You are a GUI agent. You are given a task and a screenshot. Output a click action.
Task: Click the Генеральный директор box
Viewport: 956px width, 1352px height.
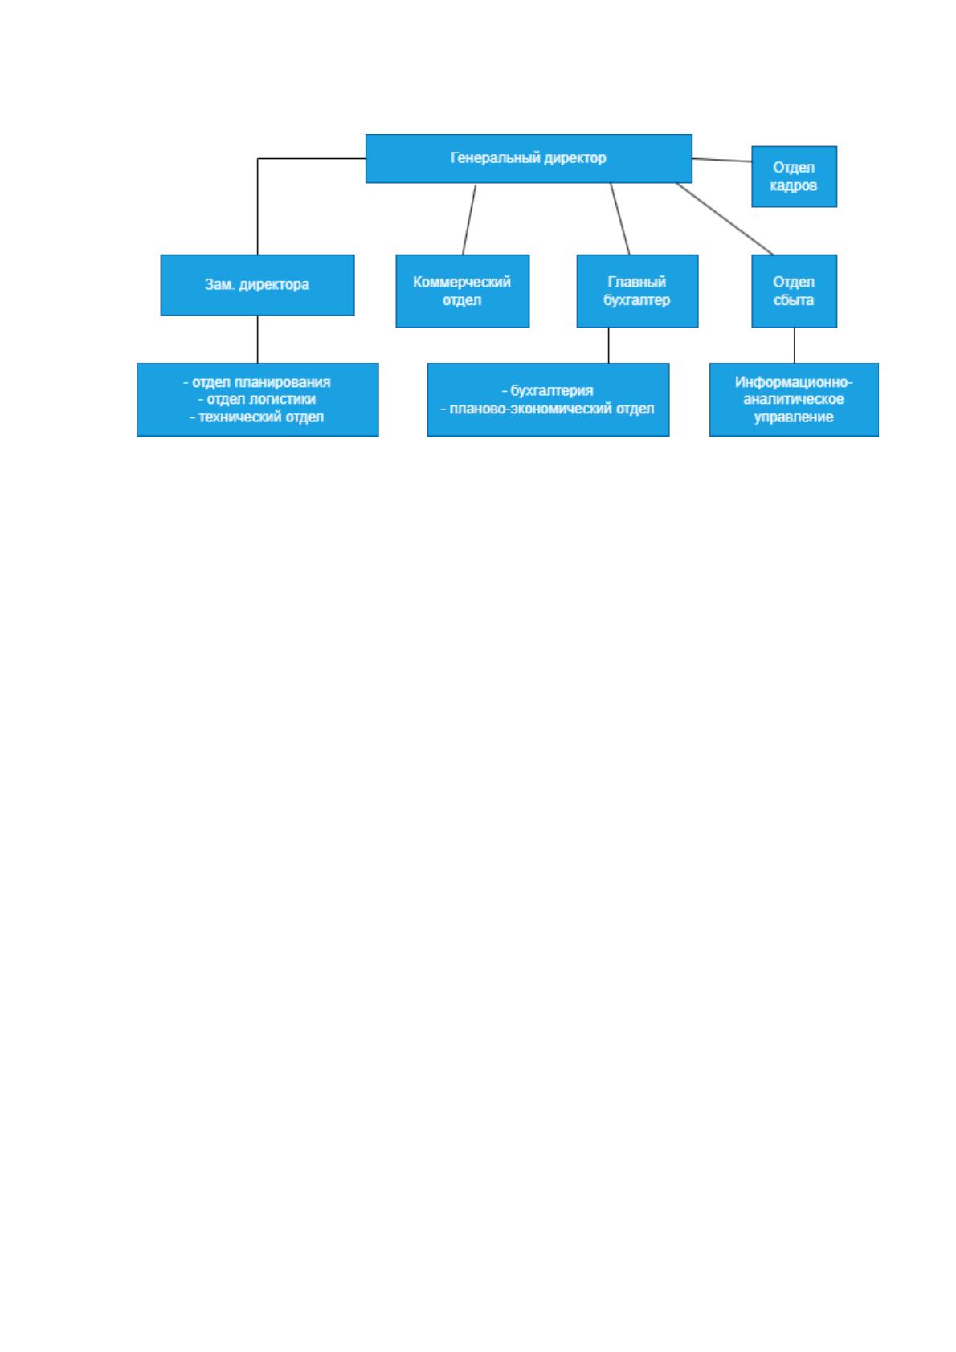[x=529, y=158]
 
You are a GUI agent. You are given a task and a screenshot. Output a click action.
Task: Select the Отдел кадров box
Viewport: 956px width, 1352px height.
[x=794, y=177]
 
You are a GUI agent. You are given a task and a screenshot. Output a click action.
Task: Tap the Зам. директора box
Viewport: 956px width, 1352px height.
[x=257, y=285]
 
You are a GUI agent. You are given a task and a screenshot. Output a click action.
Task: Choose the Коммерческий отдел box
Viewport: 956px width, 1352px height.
[x=462, y=291]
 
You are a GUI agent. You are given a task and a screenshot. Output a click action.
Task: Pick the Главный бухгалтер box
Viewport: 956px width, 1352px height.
[x=637, y=291]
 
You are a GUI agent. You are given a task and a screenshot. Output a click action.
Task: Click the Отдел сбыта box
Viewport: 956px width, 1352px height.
[x=794, y=291]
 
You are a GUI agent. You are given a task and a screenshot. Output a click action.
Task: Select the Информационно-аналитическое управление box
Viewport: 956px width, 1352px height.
[x=794, y=400]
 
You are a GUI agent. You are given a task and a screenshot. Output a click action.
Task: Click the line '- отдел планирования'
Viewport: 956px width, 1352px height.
[x=256, y=382]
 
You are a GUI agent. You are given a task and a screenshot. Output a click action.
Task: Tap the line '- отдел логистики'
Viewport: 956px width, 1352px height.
[x=256, y=399]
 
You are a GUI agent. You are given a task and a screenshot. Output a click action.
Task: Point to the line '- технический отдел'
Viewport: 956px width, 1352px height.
[x=256, y=417]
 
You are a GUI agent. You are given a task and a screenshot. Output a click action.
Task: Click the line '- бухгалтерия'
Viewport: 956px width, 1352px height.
[x=547, y=390]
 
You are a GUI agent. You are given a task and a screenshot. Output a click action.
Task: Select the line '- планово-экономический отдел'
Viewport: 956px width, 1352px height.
[x=547, y=409]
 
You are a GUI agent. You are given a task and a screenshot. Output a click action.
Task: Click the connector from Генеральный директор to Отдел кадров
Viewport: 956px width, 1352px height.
[x=721, y=160]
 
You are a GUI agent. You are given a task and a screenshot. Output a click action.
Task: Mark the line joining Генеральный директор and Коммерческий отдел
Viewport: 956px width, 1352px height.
[x=468, y=219]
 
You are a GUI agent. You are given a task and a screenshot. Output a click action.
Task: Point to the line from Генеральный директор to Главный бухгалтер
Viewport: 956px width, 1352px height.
[x=619, y=219]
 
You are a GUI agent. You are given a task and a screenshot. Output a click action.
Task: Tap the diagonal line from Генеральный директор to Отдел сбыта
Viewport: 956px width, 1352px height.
[x=725, y=219]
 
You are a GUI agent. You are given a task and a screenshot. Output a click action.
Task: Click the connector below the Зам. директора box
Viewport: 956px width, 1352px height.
[x=257, y=340]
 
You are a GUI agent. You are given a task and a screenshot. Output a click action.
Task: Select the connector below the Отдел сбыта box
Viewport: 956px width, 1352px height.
[x=795, y=345]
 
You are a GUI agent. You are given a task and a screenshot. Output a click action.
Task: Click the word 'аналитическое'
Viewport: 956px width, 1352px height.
[x=793, y=399]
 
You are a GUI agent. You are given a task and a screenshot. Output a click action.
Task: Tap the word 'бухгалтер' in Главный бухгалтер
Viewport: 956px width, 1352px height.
[x=636, y=300]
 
